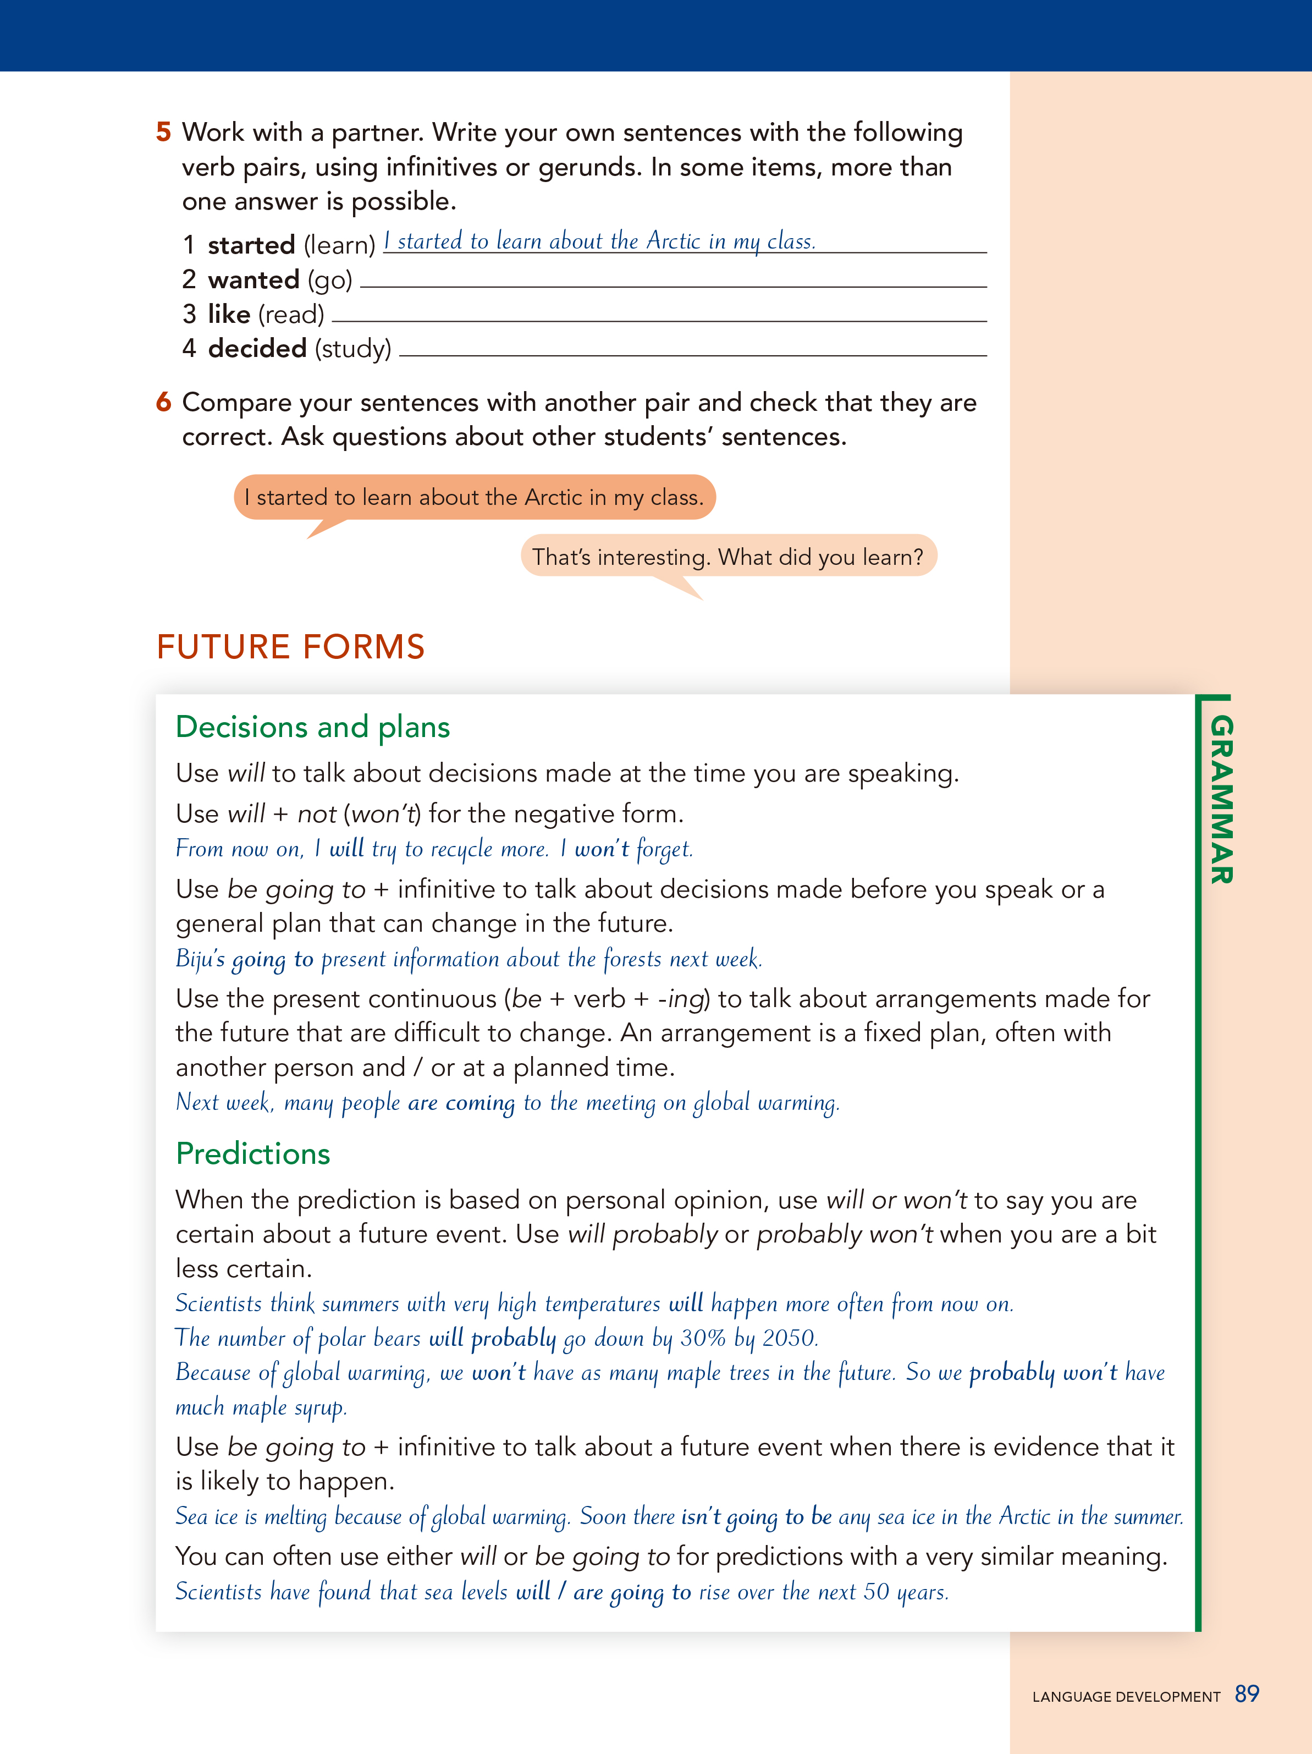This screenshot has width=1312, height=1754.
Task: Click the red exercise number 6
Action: (x=163, y=402)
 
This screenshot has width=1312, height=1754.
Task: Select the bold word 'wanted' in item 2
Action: (x=253, y=280)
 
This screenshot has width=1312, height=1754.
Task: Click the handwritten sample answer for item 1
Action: (x=599, y=241)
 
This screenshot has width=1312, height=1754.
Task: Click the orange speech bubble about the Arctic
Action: (x=474, y=497)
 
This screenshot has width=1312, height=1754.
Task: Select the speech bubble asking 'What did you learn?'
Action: (x=727, y=557)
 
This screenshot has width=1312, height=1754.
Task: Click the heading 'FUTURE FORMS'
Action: (x=290, y=647)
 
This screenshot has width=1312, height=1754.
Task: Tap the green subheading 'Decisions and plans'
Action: (x=312, y=727)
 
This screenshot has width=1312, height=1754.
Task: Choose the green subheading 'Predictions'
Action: (x=253, y=1154)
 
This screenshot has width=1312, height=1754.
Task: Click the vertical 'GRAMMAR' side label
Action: (x=1221, y=799)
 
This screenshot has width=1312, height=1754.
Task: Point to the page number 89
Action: (x=1246, y=1693)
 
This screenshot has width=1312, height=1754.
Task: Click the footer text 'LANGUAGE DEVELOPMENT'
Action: (x=1126, y=1697)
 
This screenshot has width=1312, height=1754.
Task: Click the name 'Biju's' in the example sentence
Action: (x=200, y=959)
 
